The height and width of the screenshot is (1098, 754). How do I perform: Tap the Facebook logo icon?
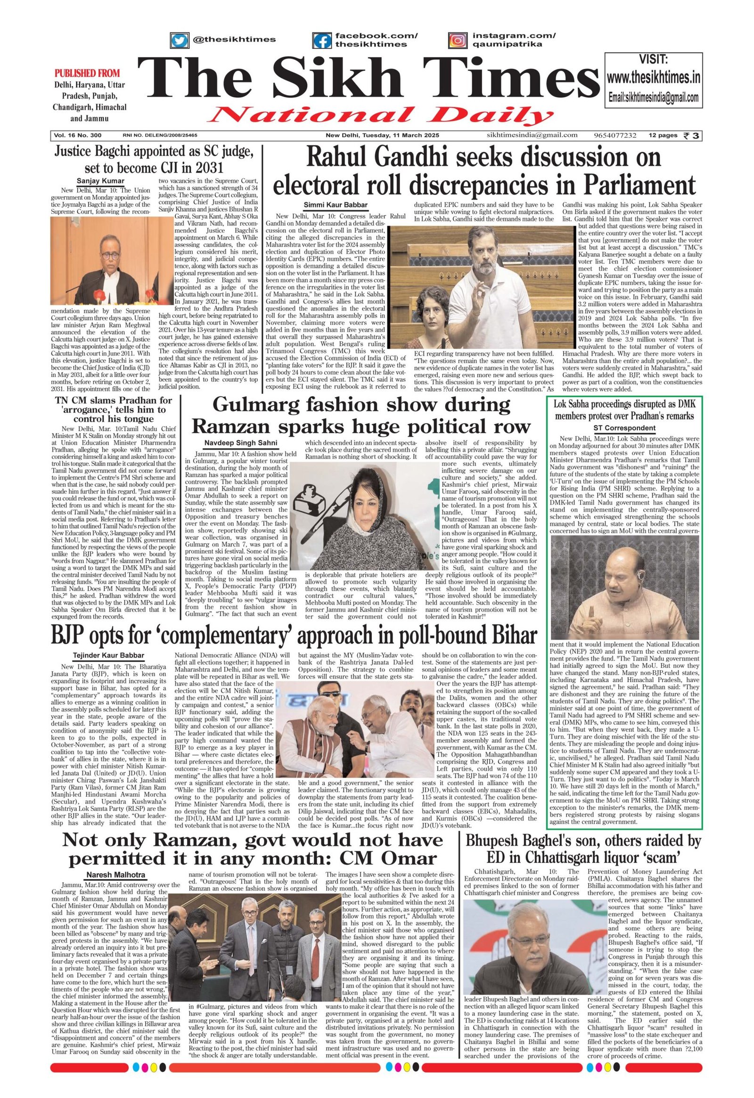click(322, 40)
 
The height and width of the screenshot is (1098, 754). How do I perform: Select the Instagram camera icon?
click(456, 40)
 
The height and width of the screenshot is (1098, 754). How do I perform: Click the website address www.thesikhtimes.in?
click(653, 77)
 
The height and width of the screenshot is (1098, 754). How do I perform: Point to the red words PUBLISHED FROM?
click(87, 73)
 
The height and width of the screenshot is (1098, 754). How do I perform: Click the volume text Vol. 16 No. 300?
click(78, 136)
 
